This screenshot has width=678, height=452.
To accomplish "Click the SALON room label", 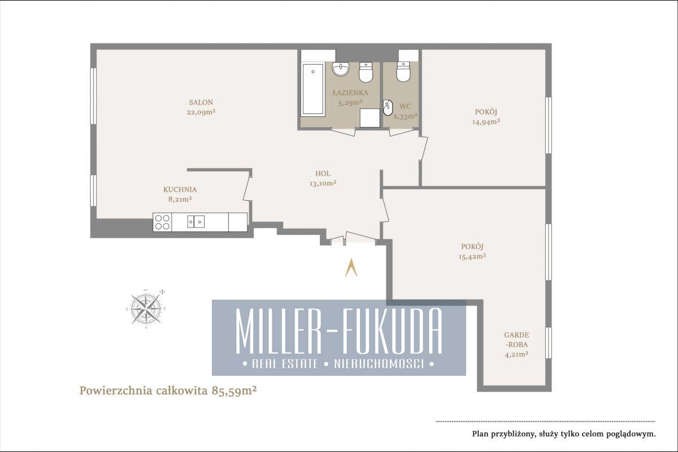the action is coord(201,102).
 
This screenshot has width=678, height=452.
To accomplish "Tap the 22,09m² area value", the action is coord(201,112).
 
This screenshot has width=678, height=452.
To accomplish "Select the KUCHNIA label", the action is coord(180,190).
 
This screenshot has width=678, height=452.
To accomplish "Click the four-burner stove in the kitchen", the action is coord(162,222).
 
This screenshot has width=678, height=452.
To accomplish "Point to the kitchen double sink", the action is coord(196,222).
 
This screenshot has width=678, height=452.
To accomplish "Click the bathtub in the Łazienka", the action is coord(312,89).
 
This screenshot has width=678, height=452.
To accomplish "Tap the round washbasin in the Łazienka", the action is coord(341,69).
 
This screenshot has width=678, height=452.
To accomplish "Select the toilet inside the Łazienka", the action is coord(366,72).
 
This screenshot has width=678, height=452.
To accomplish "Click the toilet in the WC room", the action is coord(403,72).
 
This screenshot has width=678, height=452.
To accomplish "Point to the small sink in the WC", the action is coord(388,108).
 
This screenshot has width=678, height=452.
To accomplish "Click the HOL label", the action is coord(323,174).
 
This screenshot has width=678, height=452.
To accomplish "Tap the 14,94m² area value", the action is coord(486,122).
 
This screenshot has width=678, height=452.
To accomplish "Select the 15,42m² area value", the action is coord(472,256).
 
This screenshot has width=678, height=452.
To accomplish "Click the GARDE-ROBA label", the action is coord(516,340).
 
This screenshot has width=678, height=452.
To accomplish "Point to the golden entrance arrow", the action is coord(351,267).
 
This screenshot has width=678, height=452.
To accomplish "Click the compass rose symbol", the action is coord(146,309).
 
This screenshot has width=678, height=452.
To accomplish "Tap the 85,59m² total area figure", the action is coord(234,390).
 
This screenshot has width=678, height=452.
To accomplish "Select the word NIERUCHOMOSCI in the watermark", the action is coord(379,364).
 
